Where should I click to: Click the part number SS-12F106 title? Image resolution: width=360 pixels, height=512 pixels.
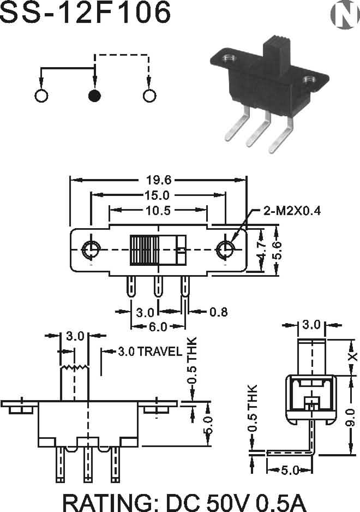pos(86,13)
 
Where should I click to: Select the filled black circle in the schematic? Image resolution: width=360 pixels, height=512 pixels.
pos(95,96)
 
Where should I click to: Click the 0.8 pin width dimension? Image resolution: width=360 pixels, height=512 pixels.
pos(218,312)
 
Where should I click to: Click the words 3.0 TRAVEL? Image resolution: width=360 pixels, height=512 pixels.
pos(149,352)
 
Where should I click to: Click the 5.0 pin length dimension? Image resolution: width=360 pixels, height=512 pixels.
pos(289,470)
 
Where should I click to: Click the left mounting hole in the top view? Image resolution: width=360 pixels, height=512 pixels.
pos(91,250)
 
